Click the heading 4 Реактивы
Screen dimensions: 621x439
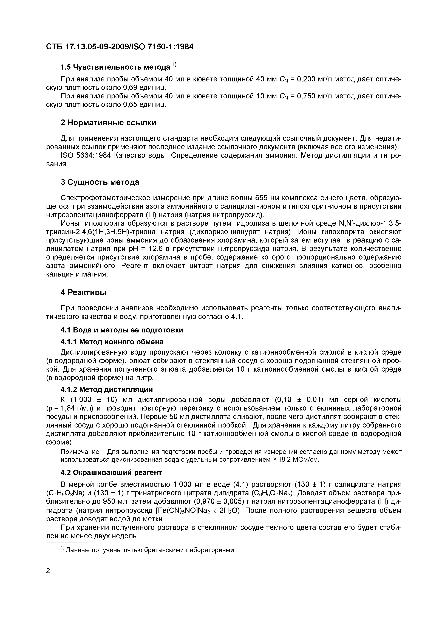(x=84, y=292)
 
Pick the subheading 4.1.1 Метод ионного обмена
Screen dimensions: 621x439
(x=112, y=342)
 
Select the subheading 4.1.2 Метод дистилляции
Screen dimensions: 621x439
(x=107, y=389)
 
